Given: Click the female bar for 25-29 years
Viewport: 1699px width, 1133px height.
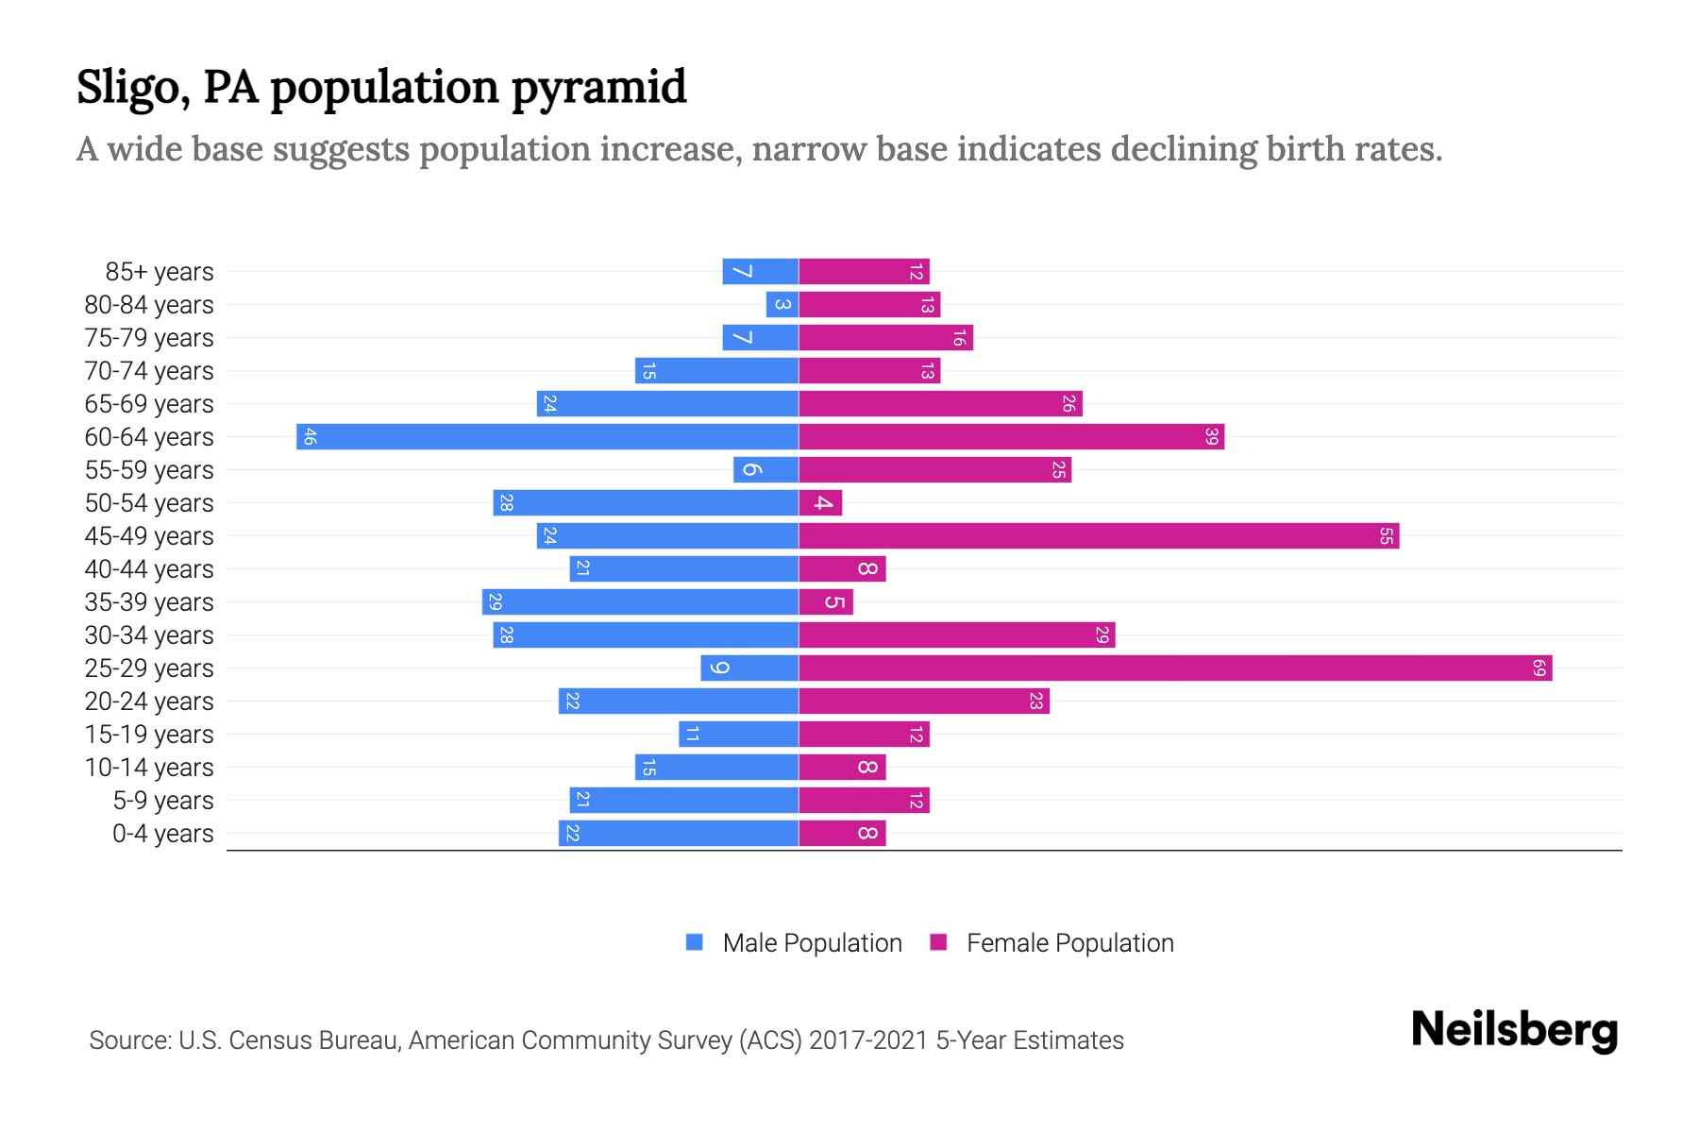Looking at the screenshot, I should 1175,668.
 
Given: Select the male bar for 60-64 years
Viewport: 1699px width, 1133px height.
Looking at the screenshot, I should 547,437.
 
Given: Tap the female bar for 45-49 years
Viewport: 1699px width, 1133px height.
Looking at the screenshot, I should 1099,536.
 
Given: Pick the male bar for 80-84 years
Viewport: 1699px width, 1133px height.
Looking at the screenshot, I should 782,305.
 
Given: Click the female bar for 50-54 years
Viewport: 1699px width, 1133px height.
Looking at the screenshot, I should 820,503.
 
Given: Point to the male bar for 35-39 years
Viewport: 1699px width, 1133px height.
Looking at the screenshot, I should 640,602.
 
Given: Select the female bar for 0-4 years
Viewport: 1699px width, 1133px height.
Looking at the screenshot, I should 842,834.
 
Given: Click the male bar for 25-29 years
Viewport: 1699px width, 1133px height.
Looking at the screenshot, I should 749,668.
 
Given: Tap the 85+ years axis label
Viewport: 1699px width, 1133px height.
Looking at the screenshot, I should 160,272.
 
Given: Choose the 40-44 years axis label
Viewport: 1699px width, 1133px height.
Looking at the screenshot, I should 149,569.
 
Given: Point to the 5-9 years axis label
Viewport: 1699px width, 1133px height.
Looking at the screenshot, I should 163,801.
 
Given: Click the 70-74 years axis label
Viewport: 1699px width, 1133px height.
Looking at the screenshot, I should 149,371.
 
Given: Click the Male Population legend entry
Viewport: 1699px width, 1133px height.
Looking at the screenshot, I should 812,943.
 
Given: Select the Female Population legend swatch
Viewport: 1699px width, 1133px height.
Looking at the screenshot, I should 938,942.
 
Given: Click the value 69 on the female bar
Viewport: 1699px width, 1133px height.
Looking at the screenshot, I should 1539,668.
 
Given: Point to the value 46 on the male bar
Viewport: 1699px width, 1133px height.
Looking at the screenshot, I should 310,437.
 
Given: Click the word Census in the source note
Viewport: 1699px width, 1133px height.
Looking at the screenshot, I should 268,1040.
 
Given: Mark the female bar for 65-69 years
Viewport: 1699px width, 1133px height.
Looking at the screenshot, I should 940,404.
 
